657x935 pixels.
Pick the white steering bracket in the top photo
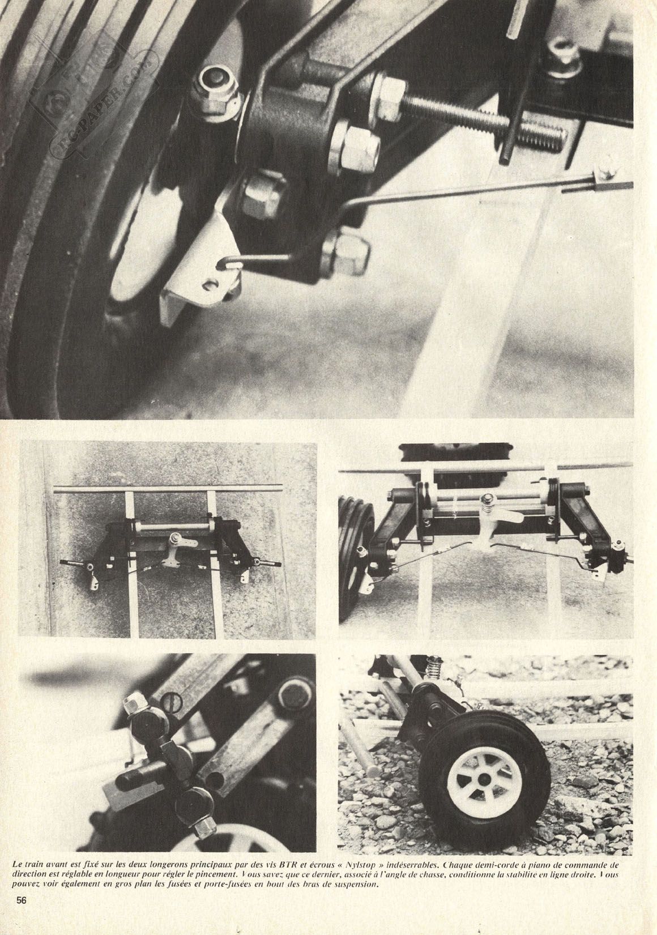point(200,267)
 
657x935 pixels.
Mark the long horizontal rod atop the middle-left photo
point(168,488)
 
